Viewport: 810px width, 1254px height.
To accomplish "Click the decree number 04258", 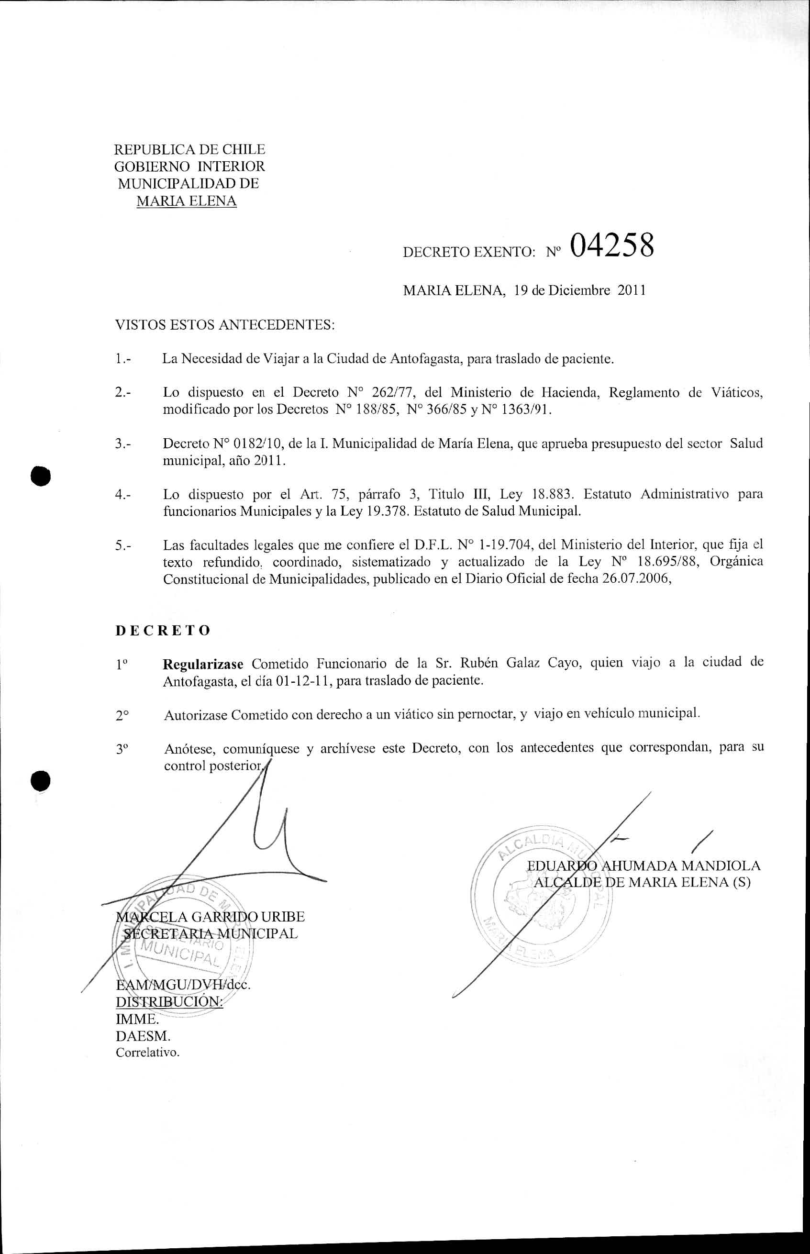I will tap(611, 245).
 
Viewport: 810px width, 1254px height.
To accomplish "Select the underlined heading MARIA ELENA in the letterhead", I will tap(186, 201).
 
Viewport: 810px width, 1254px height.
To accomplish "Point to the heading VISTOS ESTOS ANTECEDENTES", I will tap(224, 324).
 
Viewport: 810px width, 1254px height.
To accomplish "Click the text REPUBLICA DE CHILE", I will tap(189, 149).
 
